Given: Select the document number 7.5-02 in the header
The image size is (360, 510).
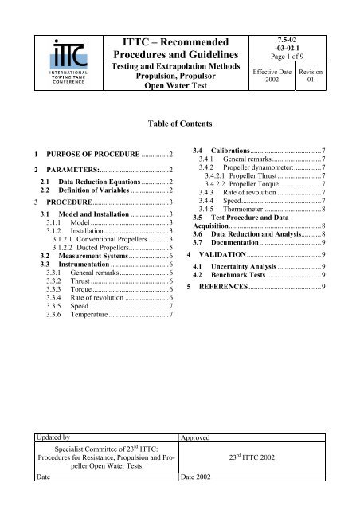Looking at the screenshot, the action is coord(308,28).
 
